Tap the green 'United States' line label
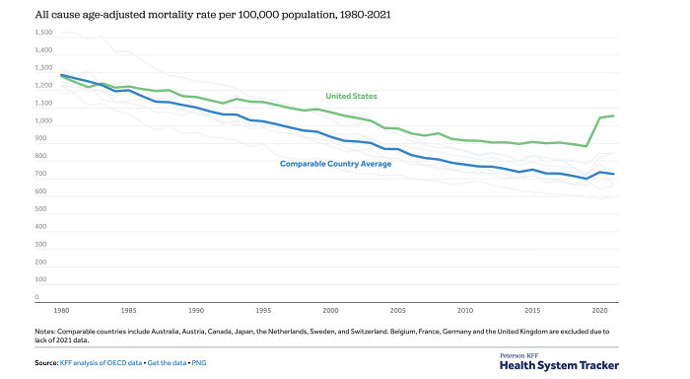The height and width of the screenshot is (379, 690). [x=352, y=96]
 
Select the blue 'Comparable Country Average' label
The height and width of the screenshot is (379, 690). [x=335, y=163]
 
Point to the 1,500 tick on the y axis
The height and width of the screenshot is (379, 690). [x=43, y=33]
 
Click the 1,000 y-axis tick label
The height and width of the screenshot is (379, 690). [x=43, y=121]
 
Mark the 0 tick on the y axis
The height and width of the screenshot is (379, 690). [x=36, y=297]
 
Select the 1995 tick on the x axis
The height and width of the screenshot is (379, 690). [x=263, y=309]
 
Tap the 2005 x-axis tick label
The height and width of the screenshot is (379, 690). [x=398, y=309]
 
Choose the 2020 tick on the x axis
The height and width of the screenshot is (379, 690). [x=600, y=309]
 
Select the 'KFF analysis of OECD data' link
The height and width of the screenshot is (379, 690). [x=101, y=364]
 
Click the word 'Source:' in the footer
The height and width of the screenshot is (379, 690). [x=46, y=364]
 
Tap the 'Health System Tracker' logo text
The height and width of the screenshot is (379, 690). [x=559, y=364]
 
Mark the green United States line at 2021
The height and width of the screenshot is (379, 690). [x=614, y=115]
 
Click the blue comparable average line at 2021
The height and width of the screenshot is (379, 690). [x=614, y=175]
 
